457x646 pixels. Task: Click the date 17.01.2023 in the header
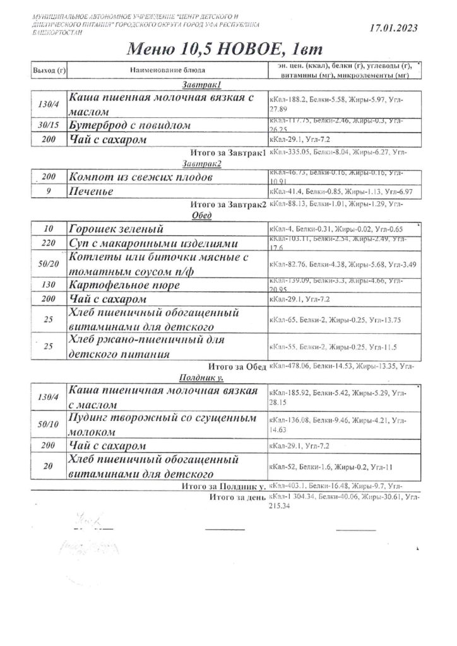pos(391,28)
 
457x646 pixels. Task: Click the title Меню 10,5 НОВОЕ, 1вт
pos(228,49)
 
